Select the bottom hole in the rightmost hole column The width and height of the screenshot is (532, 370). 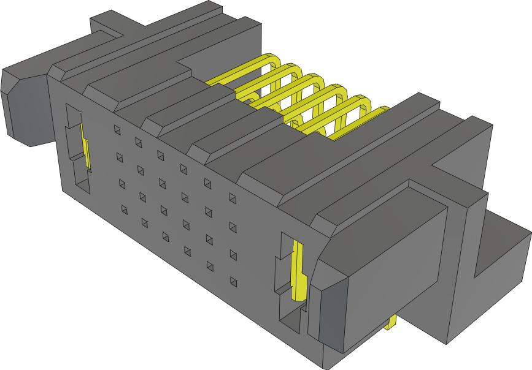point(233,281)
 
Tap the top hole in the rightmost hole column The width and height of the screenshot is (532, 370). point(233,197)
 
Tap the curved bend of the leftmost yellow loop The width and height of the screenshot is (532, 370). point(274,61)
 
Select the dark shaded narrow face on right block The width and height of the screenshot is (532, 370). point(331,319)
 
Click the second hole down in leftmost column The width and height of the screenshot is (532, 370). point(119,157)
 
